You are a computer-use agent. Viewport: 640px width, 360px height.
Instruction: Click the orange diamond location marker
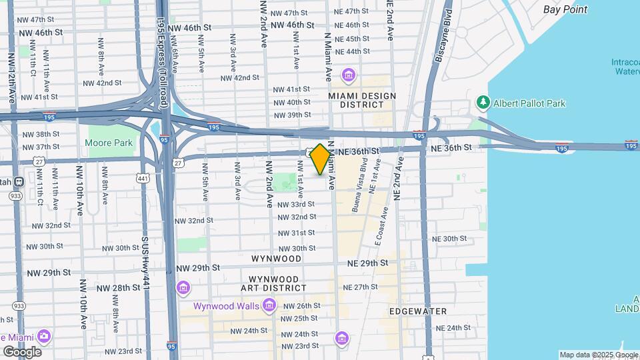[320, 159]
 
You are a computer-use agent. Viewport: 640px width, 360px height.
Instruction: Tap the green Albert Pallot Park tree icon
[483, 103]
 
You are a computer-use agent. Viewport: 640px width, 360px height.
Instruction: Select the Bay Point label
[565, 9]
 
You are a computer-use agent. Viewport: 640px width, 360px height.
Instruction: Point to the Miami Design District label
[362, 100]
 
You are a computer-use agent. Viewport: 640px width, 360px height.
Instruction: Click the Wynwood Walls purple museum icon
[269, 306]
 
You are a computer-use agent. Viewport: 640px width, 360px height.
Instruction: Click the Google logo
[21, 351]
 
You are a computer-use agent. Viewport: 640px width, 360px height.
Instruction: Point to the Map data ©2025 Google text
[597, 355]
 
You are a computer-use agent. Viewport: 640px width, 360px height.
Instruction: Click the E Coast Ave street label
[381, 229]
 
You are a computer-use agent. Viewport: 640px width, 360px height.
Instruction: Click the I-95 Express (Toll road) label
[162, 53]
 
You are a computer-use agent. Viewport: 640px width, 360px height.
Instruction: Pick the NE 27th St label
[360, 287]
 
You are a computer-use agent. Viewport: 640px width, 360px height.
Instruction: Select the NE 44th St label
[353, 51]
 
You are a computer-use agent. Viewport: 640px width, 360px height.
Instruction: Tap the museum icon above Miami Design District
[347, 74]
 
